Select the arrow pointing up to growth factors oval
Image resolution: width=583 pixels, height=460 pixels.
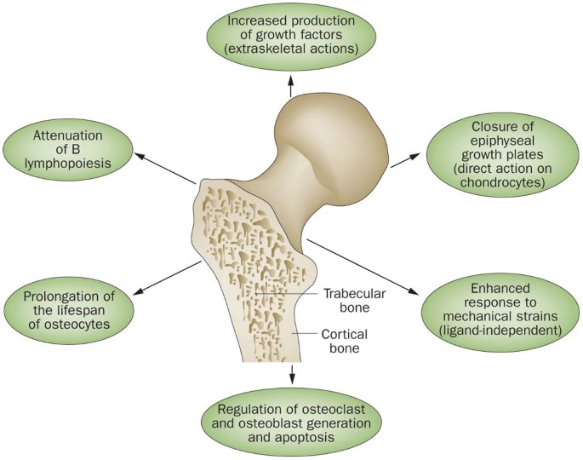291,86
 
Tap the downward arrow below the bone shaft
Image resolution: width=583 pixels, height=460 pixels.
292,372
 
